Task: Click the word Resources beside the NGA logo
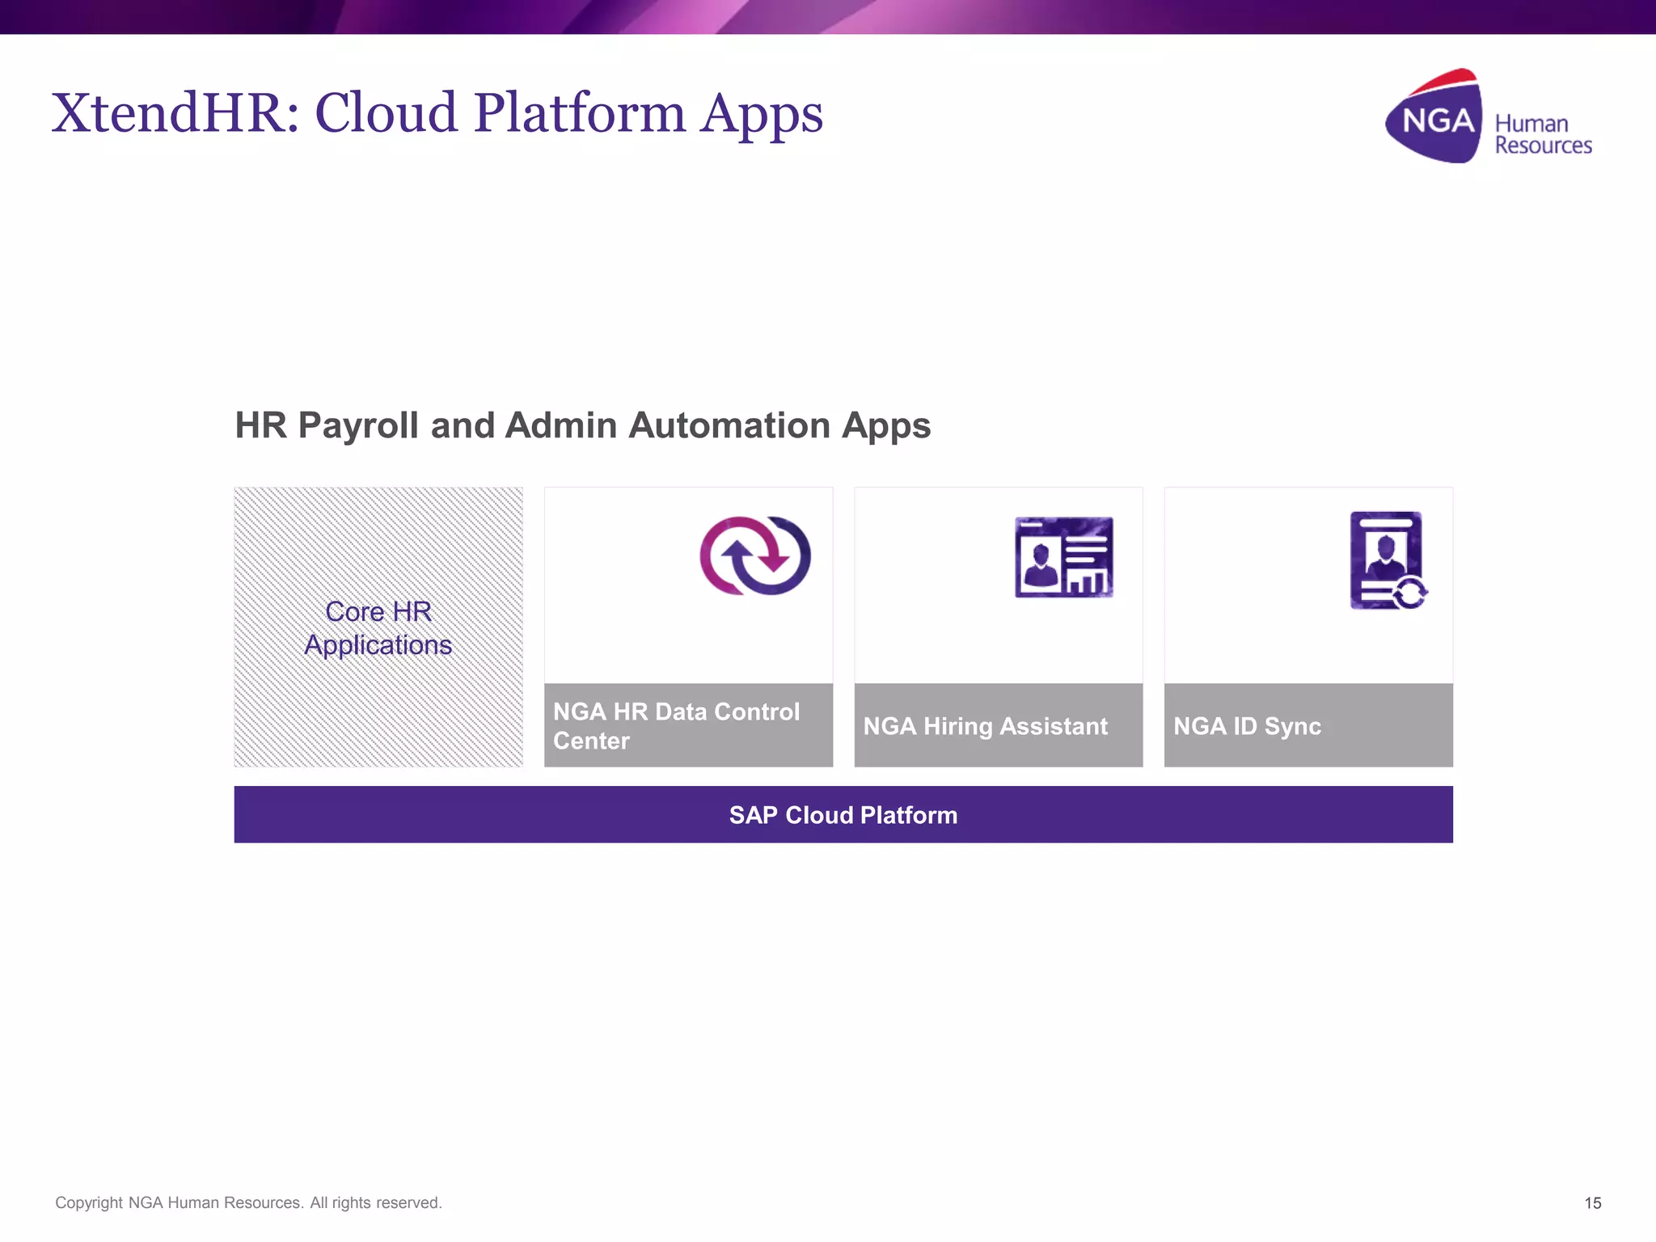coord(1543,146)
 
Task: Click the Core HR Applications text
coord(378,628)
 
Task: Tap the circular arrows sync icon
coord(754,556)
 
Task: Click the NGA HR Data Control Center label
coord(676,725)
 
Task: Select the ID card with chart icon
coord(1063,557)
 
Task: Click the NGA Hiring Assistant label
coord(985,726)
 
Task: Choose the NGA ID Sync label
coord(1247,726)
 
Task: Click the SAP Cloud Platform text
coord(843,815)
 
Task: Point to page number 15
coord(1592,1203)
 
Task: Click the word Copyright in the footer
coord(88,1202)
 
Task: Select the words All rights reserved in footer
coord(375,1202)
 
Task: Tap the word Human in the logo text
coord(1531,124)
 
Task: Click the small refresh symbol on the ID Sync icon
coord(1410,594)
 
